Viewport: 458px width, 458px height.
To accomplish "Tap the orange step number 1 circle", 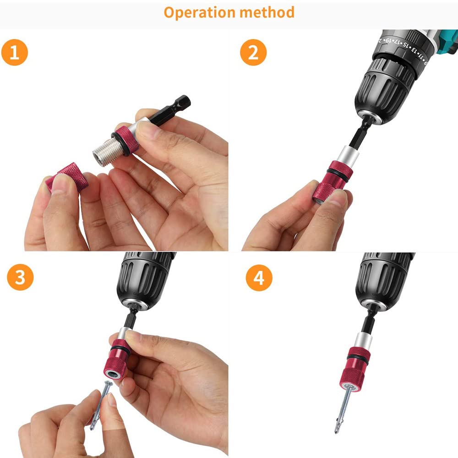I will coord(15,53).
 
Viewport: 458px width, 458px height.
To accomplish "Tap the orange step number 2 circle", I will coord(253,53).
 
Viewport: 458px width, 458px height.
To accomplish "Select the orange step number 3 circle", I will coord(20,278).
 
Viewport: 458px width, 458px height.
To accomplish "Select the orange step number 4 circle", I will coord(259,278).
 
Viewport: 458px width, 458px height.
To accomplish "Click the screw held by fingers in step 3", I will coord(101,403).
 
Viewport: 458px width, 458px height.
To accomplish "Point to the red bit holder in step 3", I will coord(117,362).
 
